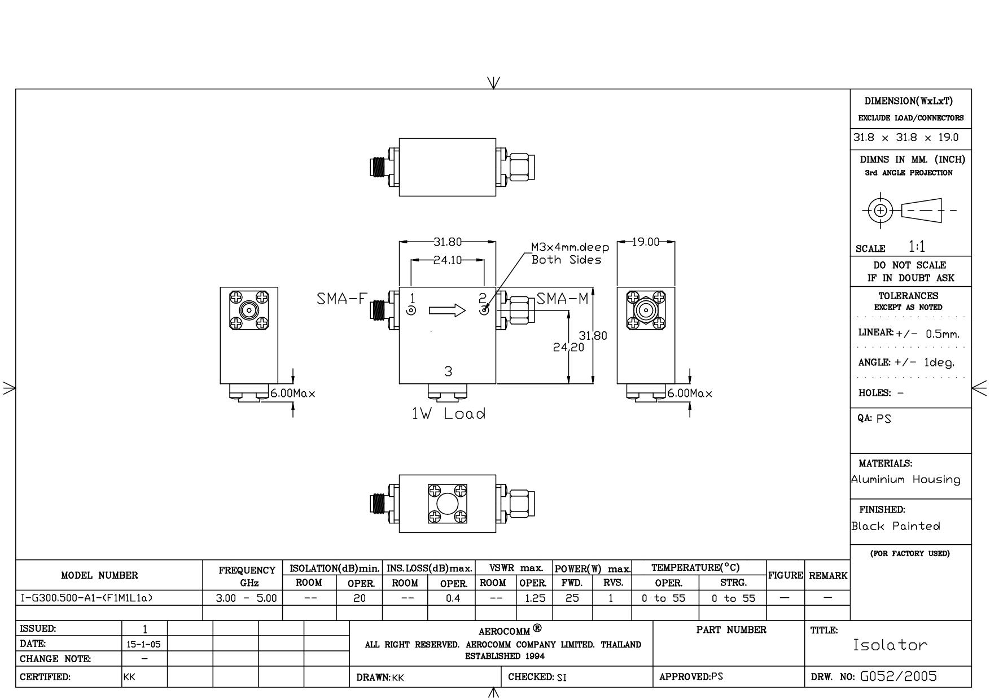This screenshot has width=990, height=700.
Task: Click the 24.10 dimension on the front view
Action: click(448, 260)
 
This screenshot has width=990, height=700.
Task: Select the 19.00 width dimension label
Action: click(646, 242)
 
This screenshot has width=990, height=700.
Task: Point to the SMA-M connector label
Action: click(562, 299)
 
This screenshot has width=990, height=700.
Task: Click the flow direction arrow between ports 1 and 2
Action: click(448, 310)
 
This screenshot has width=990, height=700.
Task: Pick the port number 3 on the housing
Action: click(448, 371)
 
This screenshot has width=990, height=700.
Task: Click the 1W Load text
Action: click(449, 414)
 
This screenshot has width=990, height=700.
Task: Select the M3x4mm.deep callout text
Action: click(570, 247)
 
